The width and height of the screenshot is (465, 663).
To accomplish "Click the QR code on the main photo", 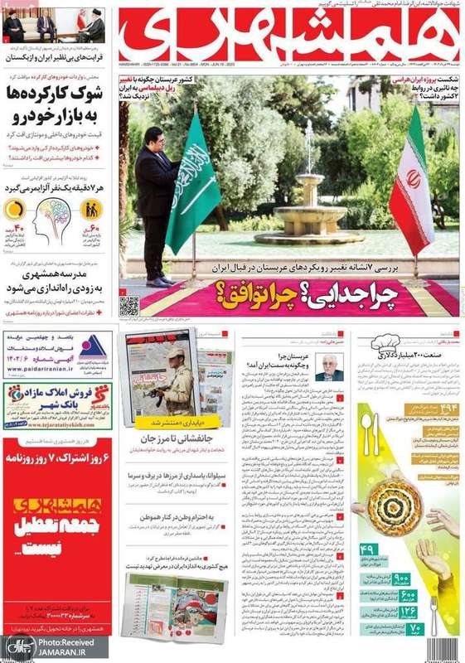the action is pos(129,305).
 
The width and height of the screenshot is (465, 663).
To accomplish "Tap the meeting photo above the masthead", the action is pos(54,27).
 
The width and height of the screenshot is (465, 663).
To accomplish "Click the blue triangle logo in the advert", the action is pos(92,346).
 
